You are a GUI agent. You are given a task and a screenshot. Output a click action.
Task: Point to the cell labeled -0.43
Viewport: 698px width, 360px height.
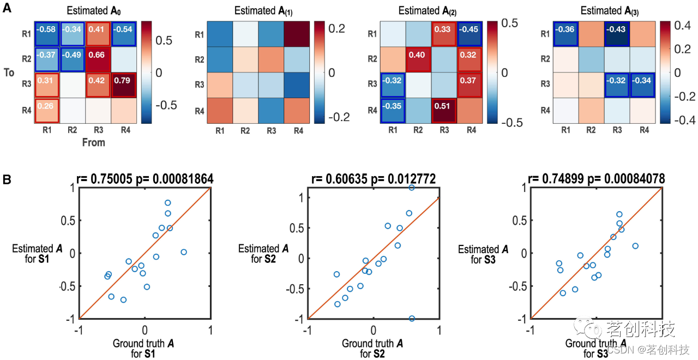(x=617, y=34)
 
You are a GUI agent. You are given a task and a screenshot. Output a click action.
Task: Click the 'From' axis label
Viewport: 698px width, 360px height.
(x=94, y=142)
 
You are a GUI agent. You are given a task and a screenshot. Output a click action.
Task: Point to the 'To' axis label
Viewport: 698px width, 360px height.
(x=9, y=73)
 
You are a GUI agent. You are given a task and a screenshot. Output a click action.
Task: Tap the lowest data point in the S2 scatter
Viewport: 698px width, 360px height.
(x=412, y=319)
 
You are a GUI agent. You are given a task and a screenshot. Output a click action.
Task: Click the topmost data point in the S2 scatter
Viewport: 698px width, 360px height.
(x=412, y=187)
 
